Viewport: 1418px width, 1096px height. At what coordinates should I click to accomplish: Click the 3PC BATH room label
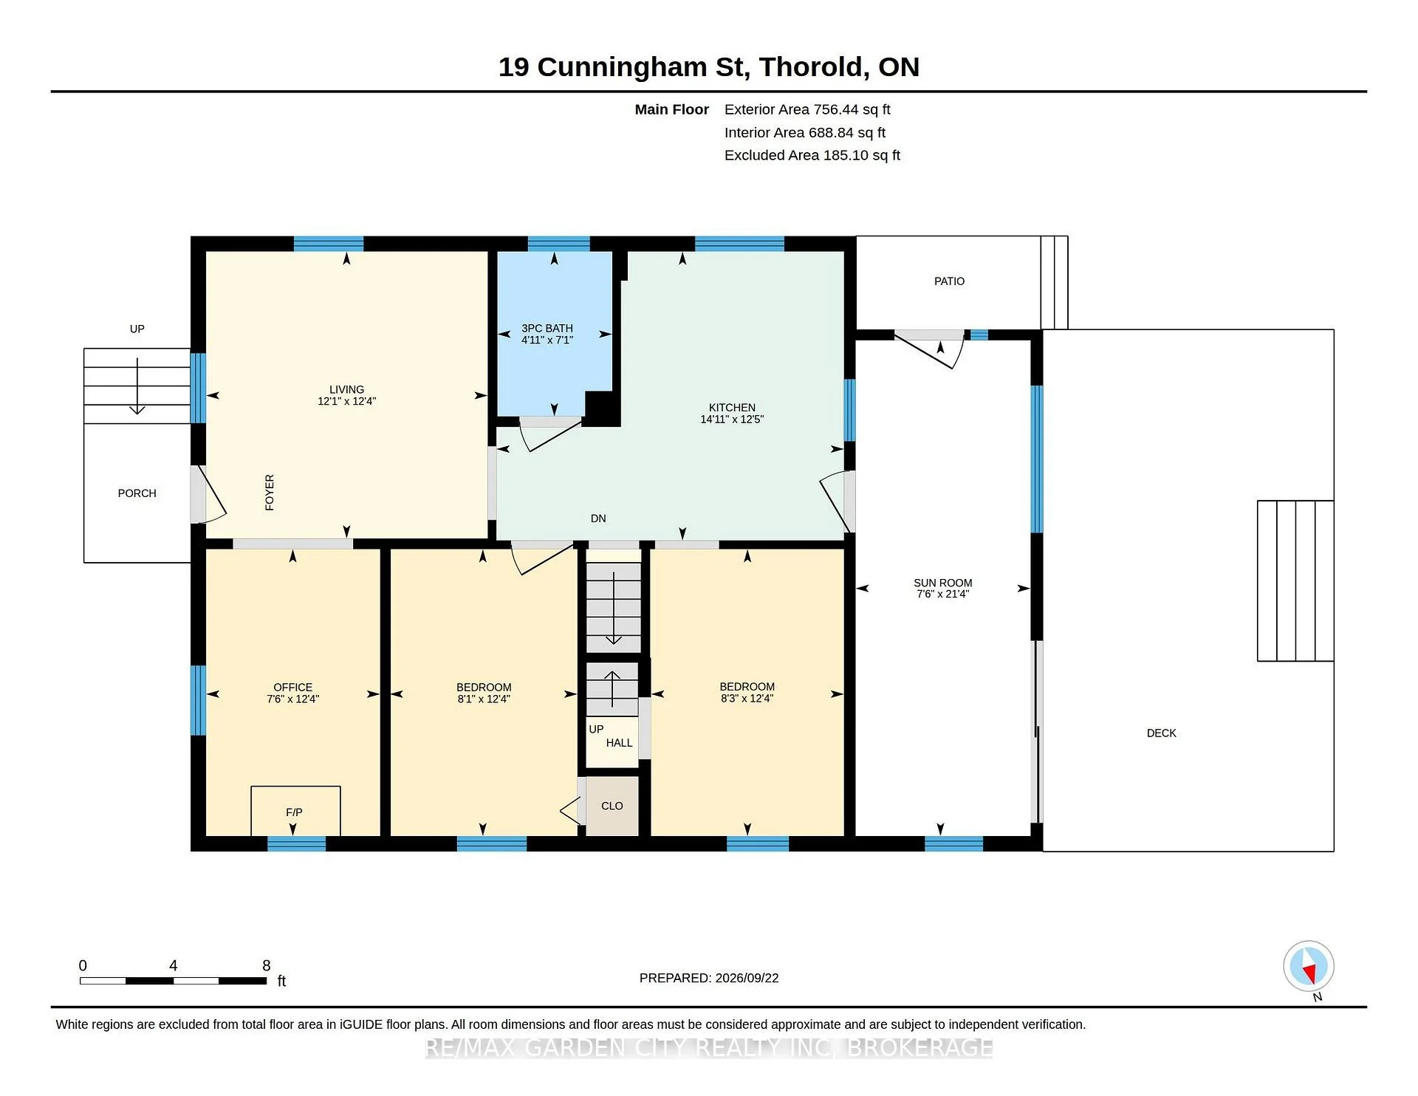point(547,328)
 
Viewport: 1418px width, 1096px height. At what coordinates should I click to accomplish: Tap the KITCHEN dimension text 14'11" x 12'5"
point(732,419)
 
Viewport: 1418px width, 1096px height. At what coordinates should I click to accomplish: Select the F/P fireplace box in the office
point(295,811)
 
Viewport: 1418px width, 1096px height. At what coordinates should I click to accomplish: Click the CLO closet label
point(612,806)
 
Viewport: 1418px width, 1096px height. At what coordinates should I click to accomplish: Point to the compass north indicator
point(1309,966)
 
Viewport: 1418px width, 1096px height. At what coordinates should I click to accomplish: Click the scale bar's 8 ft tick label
point(267,965)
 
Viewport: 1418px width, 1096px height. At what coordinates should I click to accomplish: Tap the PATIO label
point(949,281)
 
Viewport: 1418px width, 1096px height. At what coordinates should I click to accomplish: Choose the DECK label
point(1161,733)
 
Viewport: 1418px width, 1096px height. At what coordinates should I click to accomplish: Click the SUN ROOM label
point(942,583)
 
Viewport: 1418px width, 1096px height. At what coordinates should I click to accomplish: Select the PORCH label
point(137,493)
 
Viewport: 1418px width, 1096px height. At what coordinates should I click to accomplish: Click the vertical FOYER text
point(270,493)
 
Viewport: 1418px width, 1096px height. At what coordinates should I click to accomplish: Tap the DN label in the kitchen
point(598,518)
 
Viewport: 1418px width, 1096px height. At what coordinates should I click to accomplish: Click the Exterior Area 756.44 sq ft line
point(807,109)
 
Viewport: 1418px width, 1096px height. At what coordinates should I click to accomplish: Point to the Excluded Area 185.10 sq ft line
point(812,155)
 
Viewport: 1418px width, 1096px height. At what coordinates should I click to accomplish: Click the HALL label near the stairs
point(619,743)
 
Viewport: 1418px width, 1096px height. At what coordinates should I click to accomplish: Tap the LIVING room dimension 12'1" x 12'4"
point(347,402)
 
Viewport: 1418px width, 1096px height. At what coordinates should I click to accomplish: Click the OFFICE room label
point(292,687)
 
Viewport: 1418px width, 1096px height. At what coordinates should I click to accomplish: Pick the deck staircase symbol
point(1295,581)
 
